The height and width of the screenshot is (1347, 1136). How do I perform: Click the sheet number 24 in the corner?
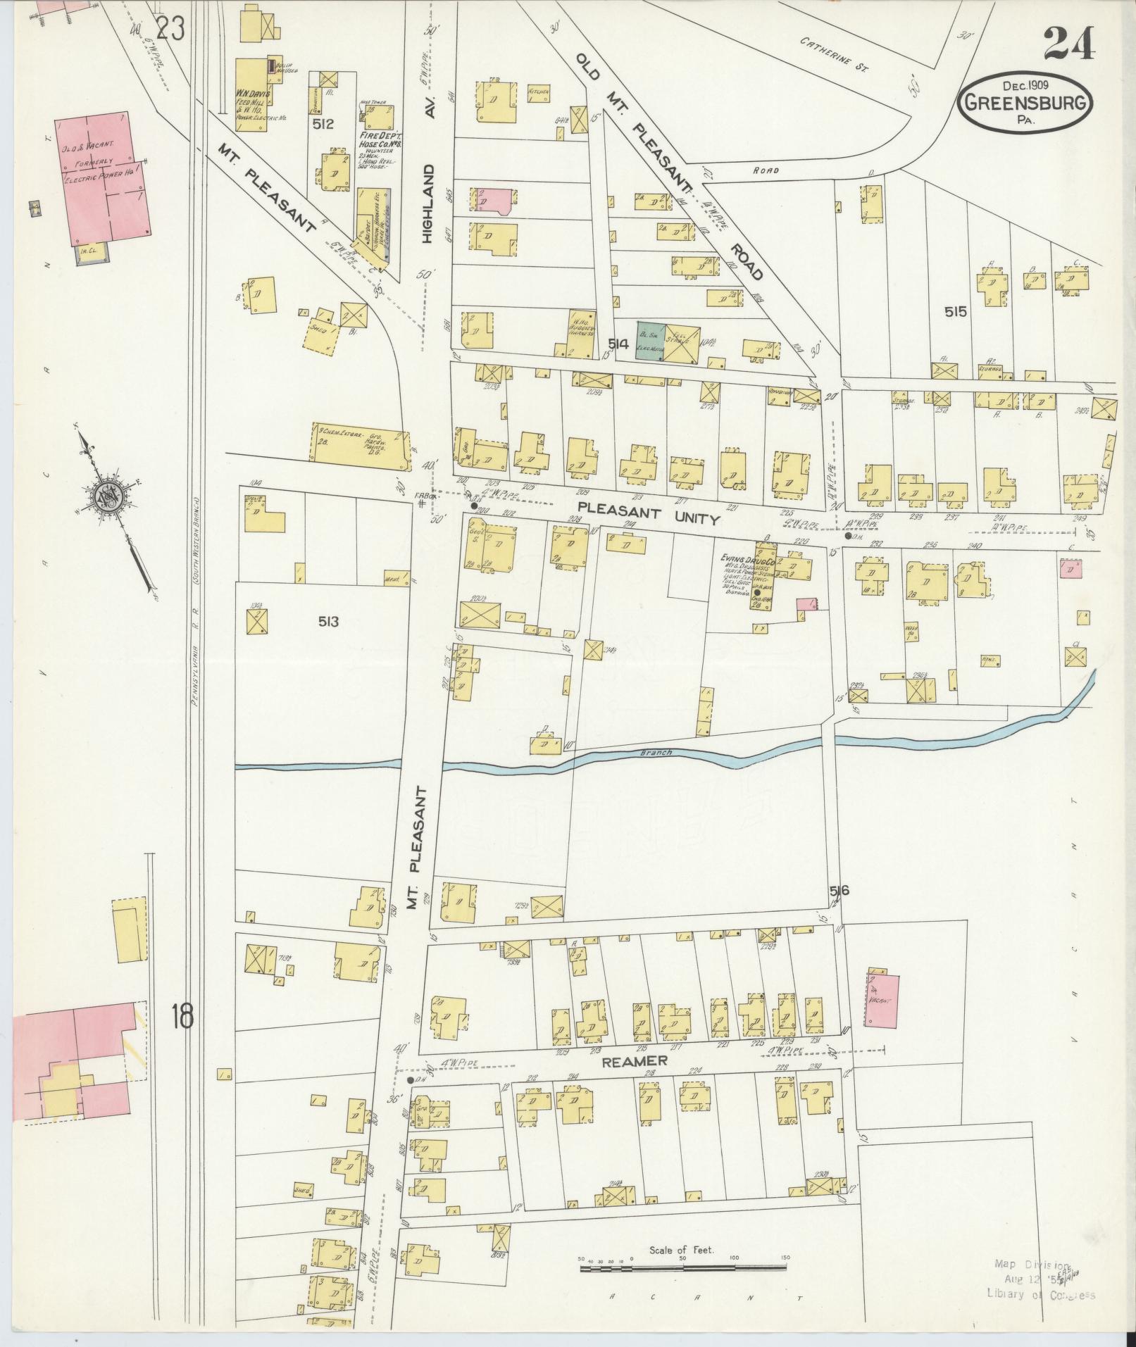1070,44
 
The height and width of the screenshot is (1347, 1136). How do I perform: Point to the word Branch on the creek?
656,753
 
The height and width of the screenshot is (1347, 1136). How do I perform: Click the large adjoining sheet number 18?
180,1017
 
